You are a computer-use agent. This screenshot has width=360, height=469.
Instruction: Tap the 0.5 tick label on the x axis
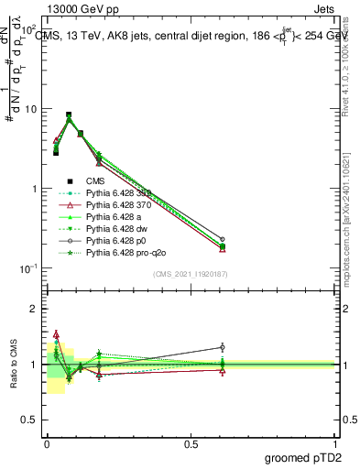[x=191, y=443]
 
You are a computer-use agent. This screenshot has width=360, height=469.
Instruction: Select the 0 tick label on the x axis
[x=47, y=443]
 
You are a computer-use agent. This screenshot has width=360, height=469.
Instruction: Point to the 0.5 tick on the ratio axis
[x=30, y=420]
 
